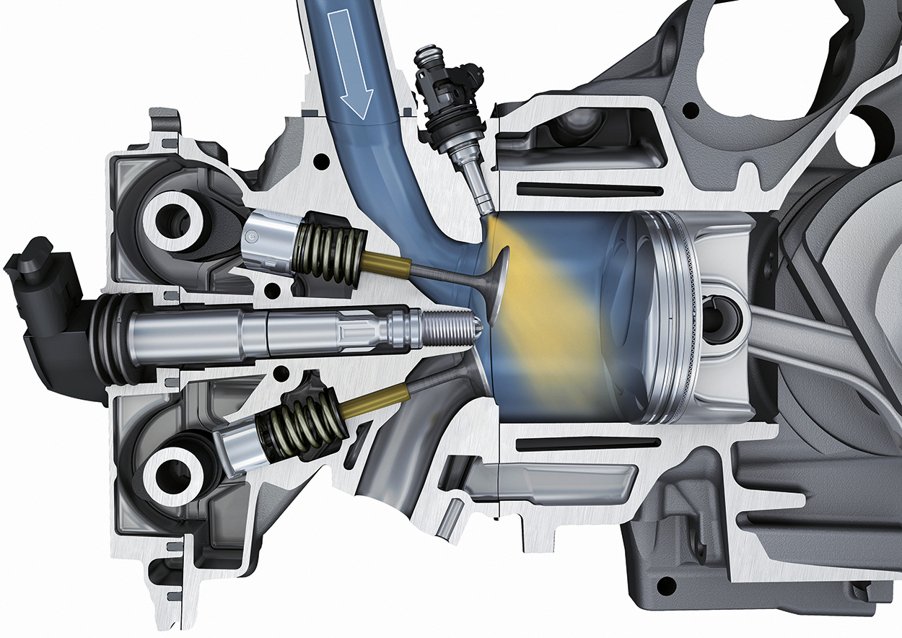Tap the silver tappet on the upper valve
(267, 238)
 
